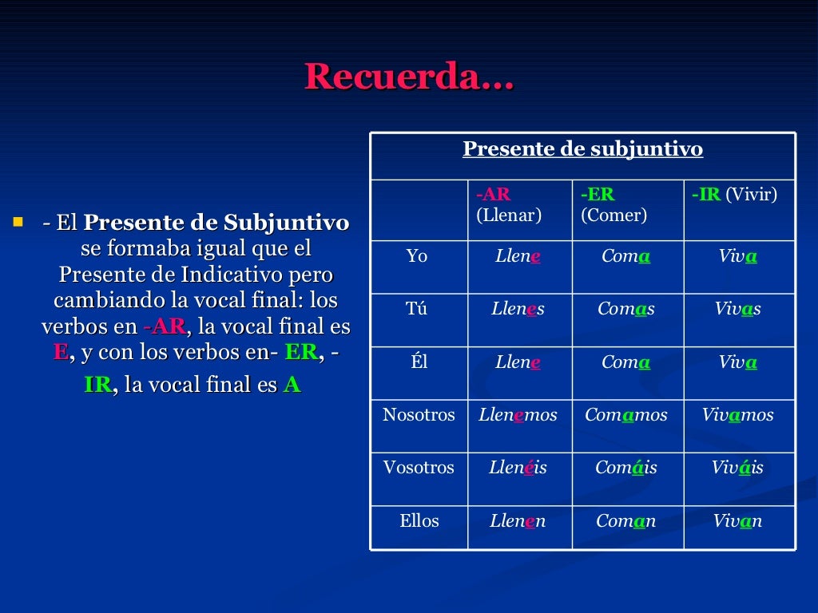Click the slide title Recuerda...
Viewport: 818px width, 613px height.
(x=409, y=77)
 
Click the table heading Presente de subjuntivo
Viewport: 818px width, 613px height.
(x=582, y=149)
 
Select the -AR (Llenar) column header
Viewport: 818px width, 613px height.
(x=509, y=205)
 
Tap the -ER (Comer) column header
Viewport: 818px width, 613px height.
(x=613, y=205)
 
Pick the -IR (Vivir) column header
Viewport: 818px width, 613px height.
(x=734, y=195)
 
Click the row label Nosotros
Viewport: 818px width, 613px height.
(x=419, y=415)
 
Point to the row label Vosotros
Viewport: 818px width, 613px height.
(x=419, y=468)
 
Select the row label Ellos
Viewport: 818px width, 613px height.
(x=419, y=521)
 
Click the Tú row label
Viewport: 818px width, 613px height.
(x=417, y=309)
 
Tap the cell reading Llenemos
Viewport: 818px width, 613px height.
(x=518, y=415)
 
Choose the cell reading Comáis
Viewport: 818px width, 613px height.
(x=626, y=468)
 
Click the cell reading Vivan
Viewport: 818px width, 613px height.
(x=738, y=521)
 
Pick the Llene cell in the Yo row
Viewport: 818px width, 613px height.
(x=518, y=256)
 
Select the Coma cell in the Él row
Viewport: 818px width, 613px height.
(x=625, y=362)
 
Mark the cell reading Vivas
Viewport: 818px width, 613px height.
(x=738, y=309)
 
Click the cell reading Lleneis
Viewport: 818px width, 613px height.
(x=518, y=468)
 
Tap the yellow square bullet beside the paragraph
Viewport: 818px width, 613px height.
(x=18, y=219)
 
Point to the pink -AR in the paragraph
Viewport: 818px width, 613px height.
(x=165, y=327)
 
